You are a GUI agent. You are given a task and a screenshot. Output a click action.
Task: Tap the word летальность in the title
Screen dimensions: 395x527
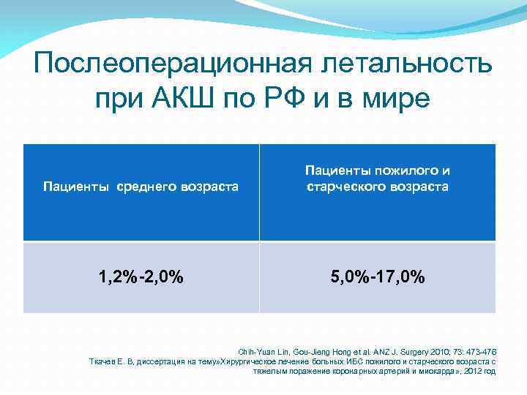point(404,64)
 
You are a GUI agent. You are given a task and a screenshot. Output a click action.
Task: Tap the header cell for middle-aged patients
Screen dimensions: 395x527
point(141,192)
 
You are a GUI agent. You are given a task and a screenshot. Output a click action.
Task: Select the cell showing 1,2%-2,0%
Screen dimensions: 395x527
point(141,278)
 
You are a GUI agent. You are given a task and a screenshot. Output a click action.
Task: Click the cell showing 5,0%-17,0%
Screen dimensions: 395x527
point(377,278)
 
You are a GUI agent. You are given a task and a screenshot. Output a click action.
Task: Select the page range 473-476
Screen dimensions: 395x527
point(479,351)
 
